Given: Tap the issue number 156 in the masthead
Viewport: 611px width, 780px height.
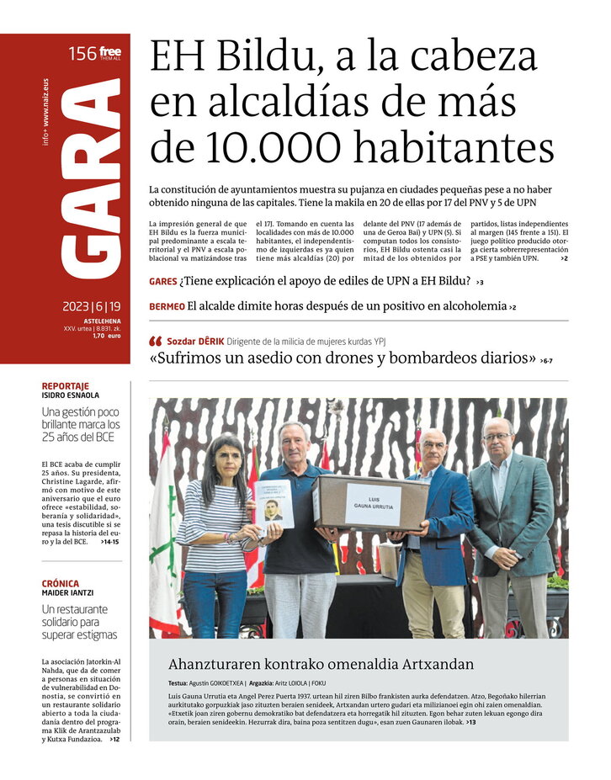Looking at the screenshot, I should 82,55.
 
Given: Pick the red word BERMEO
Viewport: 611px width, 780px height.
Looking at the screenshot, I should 167,307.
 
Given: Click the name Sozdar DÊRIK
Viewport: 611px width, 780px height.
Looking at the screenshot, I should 195,342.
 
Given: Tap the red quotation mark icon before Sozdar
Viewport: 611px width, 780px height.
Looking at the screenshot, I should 155,342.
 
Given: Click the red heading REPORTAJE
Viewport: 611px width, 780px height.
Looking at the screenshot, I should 66,386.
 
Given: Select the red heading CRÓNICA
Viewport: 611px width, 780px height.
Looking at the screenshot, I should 61,583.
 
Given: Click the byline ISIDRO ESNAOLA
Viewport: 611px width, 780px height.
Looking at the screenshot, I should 72,395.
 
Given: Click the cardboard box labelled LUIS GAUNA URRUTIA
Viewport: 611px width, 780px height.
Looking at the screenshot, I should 370,503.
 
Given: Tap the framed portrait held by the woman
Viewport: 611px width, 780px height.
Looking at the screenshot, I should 274,504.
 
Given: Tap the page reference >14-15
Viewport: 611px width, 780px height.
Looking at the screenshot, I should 109,542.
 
